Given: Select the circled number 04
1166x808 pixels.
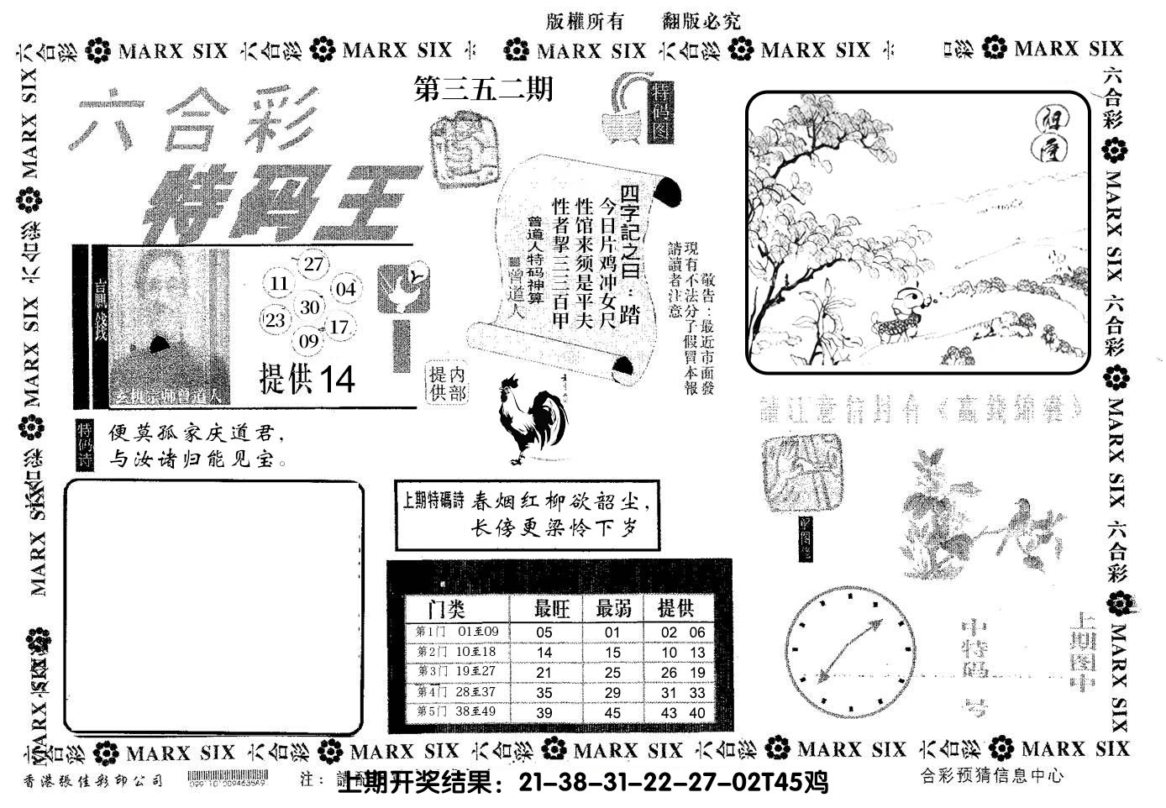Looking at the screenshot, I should (x=345, y=290).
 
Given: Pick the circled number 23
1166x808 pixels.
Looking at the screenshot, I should (x=275, y=320).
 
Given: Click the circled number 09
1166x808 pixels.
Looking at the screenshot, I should (x=308, y=341).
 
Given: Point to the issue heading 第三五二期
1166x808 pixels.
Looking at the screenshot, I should (x=484, y=89).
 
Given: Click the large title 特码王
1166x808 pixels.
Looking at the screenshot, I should (x=271, y=203).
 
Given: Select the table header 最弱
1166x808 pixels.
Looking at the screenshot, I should (x=613, y=608).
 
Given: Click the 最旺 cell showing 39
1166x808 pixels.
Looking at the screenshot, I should (x=544, y=712).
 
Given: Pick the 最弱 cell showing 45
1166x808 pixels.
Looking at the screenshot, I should (x=612, y=712).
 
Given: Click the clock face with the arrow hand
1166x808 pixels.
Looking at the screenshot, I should (x=849, y=651).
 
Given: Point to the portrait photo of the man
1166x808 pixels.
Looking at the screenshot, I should (x=168, y=323).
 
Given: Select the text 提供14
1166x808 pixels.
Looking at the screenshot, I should (x=307, y=380).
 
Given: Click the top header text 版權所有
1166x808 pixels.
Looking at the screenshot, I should (x=584, y=23).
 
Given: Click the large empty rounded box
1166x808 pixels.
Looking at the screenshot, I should (x=214, y=606).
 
